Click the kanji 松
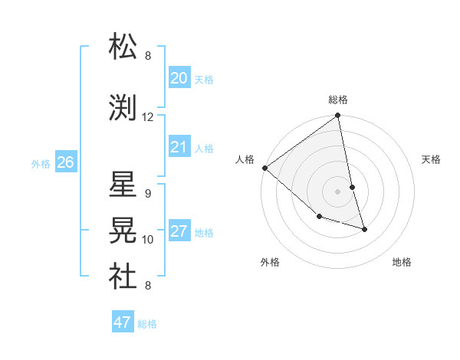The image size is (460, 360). click(x=123, y=47)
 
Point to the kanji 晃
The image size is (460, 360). click(x=123, y=230)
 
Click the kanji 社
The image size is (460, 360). click(x=123, y=277)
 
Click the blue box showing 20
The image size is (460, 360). click(x=179, y=78)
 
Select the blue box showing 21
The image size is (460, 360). click(x=179, y=147)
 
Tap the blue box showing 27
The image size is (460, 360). click(x=179, y=232)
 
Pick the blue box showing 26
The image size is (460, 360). click(x=65, y=162)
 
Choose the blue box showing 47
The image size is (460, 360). click(x=123, y=322)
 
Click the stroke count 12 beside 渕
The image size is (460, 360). click(x=148, y=117)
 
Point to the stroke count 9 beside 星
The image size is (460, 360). click(x=148, y=193)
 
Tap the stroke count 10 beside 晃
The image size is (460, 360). click(x=148, y=240)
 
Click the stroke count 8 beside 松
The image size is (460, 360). click(x=148, y=56)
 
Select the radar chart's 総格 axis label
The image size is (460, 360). click(x=338, y=100)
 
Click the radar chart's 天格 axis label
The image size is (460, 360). click(x=431, y=159)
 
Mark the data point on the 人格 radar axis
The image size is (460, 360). click(x=264, y=168)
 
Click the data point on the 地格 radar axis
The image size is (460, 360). click(x=364, y=229)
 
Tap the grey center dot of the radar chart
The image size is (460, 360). click(x=337, y=191)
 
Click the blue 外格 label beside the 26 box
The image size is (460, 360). click(x=41, y=163)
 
